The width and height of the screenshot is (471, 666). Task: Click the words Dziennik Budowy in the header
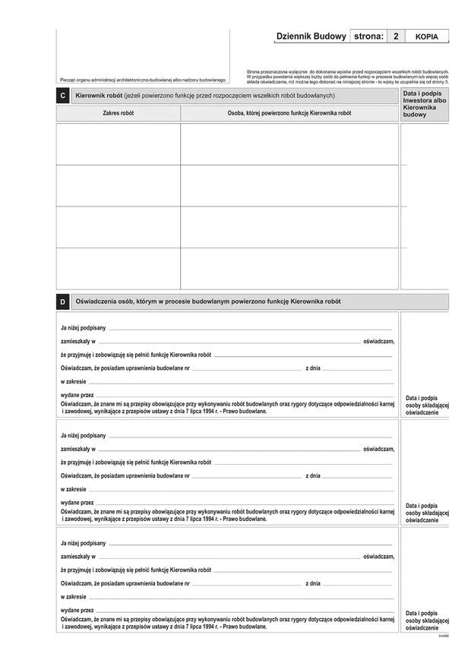(x=311, y=36)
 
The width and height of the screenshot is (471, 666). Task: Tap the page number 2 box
(x=395, y=36)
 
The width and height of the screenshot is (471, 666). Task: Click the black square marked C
(x=62, y=96)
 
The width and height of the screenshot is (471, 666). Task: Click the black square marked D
(x=62, y=302)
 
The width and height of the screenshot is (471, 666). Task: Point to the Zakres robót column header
(x=118, y=112)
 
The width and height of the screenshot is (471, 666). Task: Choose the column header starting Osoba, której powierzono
(x=289, y=112)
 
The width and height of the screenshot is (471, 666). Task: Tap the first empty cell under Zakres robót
(x=118, y=144)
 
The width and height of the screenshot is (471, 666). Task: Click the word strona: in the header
(x=368, y=36)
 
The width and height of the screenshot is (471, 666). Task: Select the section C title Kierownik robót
(x=204, y=96)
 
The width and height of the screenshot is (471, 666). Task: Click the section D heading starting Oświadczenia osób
(x=208, y=301)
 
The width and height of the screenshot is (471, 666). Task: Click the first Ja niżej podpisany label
(x=84, y=328)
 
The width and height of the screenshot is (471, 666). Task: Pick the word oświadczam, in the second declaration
(x=379, y=450)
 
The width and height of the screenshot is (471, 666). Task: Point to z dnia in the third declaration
(x=313, y=584)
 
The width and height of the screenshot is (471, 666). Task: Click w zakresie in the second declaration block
(x=74, y=489)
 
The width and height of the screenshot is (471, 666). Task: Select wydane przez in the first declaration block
(x=77, y=396)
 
